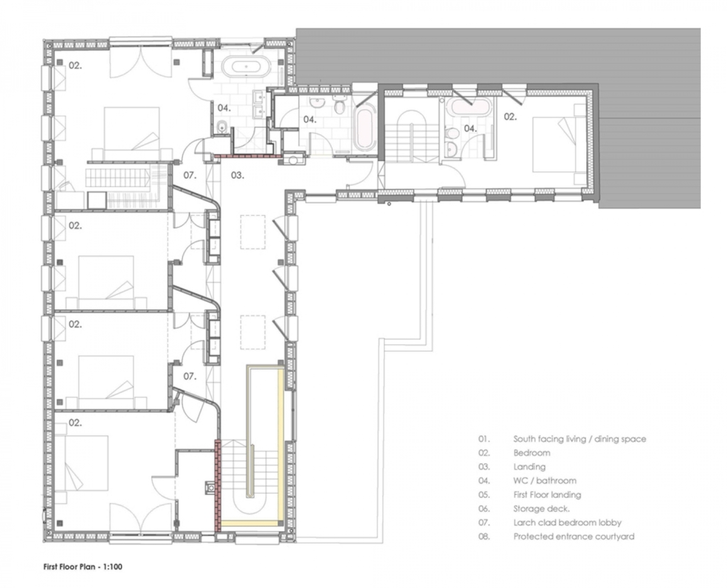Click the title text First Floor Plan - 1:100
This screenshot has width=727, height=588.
point(83,566)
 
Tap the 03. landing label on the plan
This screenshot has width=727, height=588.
point(237,175)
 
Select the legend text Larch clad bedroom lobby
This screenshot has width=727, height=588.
point(567,523)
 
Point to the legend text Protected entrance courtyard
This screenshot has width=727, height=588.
point(574,536)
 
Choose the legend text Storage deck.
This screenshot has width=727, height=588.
point(541,509)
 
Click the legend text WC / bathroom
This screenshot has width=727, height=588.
point(545,480)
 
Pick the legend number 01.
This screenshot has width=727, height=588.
point(484,439)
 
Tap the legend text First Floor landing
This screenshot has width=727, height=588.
point(547,495)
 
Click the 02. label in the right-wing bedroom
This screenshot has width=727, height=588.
point(510,117)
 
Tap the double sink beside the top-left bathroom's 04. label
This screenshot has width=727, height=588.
point(258,105)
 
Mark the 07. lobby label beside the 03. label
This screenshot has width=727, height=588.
point(190,175)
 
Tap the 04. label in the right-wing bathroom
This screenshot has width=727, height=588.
point(470,128)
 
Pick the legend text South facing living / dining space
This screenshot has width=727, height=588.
point(579,439)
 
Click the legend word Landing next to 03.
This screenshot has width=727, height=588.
point(529,467)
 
